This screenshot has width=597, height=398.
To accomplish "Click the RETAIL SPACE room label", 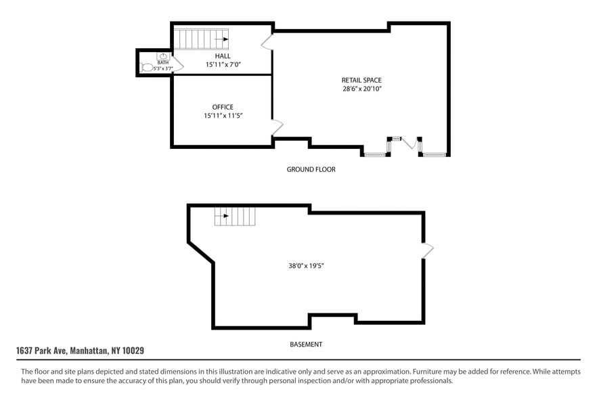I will point(361,81).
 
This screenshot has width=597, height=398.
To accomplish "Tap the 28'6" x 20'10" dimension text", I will point(361,89).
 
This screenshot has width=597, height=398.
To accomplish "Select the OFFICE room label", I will point(223,107).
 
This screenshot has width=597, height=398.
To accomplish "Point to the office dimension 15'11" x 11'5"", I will point(223,116).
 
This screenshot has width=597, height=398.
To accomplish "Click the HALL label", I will point(223,56).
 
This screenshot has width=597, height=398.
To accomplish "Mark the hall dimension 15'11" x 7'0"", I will point(223,65).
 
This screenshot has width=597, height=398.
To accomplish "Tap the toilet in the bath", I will point(148,67).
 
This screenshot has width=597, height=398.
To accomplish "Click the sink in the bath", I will point(163,56).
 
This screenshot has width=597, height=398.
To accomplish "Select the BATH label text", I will point(163,62).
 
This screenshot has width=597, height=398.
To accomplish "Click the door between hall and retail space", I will point(267,42).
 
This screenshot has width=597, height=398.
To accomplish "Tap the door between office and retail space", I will point(278,127).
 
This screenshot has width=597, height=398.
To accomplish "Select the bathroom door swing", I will point(178,64).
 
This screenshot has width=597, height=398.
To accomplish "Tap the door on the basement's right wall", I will point(428,250).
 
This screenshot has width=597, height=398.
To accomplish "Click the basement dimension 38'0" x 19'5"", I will point(306,266).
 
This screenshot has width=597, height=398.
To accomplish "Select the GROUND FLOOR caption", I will point(311,169).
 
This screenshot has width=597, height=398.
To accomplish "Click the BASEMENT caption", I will point(306,345).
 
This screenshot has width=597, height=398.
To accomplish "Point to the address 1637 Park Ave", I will point(80,351).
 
